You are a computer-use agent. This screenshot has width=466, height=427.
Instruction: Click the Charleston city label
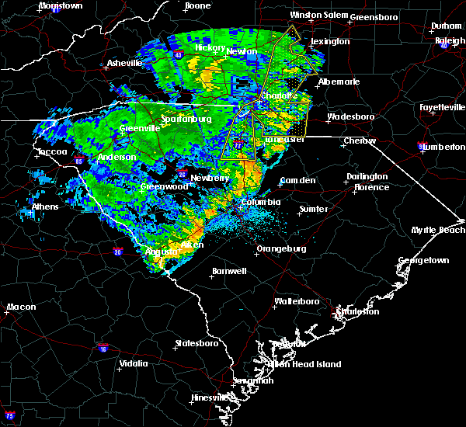[x=357, y=311]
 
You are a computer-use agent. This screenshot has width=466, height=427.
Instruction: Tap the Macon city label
[x=22, y=307]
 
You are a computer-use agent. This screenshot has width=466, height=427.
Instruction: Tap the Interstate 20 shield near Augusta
[x=117, y=252]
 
